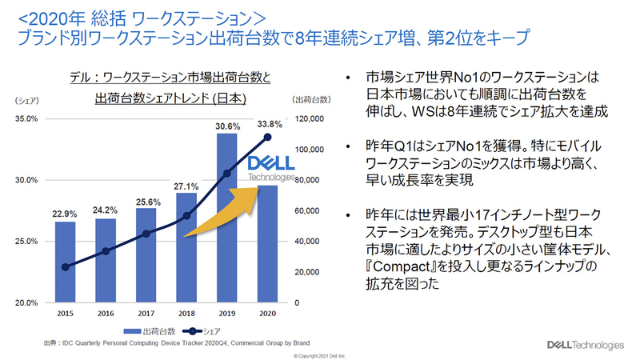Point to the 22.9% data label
click(66, 214)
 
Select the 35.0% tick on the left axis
click(26, 119)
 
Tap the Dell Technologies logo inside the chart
click(270, 169)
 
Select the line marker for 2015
click(66, 267)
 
